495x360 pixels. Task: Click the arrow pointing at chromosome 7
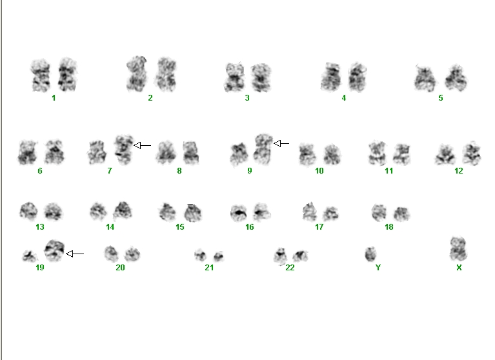pos(143,145)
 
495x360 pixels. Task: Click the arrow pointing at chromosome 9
pos(281,144)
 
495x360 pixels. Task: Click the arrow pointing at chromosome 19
pos(75,254)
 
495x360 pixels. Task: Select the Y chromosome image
pos(371,254)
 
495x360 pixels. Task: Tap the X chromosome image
pos(458,249)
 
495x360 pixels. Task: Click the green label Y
pos(378,268)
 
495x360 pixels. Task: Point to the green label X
pos(459,268)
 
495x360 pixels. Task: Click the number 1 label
pos(54,98)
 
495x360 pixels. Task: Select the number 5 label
pos(441,98)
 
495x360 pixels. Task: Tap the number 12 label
pos(459,171)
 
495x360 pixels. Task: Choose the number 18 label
pos(389,227)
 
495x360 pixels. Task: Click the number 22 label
pos(290,268)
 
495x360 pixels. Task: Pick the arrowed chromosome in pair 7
pos(124,150)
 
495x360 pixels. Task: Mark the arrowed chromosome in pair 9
pos(263,149)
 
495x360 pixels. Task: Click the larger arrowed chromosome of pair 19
pos(54,250)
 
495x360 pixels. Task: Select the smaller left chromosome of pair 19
pos(29,256)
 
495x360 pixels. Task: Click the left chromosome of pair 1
pos(41,75)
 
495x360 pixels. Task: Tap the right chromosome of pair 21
pos(218,256)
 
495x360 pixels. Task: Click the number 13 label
pos(40,227)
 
